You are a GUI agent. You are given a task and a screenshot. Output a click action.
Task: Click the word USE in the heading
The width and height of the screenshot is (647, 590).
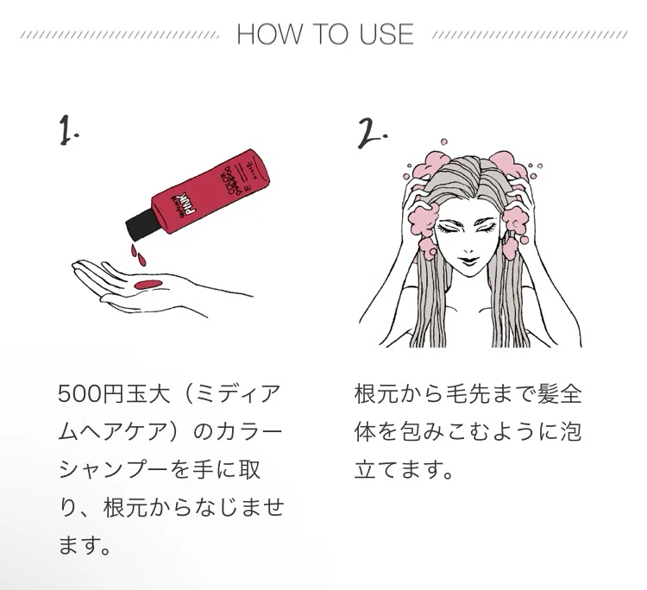pyautogui.click(x=386, y=34)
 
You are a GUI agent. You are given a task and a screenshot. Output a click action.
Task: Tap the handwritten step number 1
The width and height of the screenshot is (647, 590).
pyautogui.click(x=68, y=130)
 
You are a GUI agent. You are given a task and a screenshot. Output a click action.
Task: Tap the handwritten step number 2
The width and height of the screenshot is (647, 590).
pyautogui.click(x=371, y=133)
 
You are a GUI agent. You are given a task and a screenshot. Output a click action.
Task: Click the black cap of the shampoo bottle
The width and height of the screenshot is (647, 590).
pyautogui.click(x=142, y=225)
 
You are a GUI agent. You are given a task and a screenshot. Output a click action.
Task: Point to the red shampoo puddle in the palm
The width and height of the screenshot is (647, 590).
pyautogui.click(x=148, y=285)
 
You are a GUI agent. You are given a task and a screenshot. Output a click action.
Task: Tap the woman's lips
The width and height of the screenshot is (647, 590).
pyautogui.click(x=468, y=262)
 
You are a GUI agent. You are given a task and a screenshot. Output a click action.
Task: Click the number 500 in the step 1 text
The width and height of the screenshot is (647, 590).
pyautogui.click(x=79, y=393)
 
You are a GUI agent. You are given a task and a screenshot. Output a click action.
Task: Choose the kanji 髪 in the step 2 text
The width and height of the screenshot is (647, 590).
pyautogui.click(x=548, y=393)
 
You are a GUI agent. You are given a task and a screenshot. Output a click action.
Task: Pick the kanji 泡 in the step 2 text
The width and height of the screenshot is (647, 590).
pyautogui.click(x=571, y=430)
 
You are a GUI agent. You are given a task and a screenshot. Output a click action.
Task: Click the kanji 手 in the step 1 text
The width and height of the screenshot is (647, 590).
pyautogui.click(x=204, y=469)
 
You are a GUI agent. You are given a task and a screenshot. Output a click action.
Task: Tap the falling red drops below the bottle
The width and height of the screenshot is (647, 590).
pyautogui.click(x=138, y=254)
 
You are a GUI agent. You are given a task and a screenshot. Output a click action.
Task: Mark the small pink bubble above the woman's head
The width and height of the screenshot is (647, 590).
pyautogui.click(x=444, y=142)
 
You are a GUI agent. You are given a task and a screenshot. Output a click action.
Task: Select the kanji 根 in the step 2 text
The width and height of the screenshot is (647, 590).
pyautogui.click(x=365, y=393)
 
